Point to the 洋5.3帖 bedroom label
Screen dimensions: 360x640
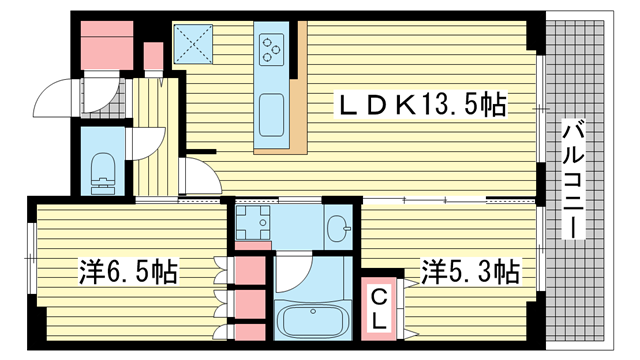click(x=469, y=270)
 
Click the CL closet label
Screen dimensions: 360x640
click(x=381, y=308)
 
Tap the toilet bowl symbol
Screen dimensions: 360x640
click(x=102, y=171)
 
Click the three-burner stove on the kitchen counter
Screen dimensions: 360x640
click(x=272, y=46)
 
